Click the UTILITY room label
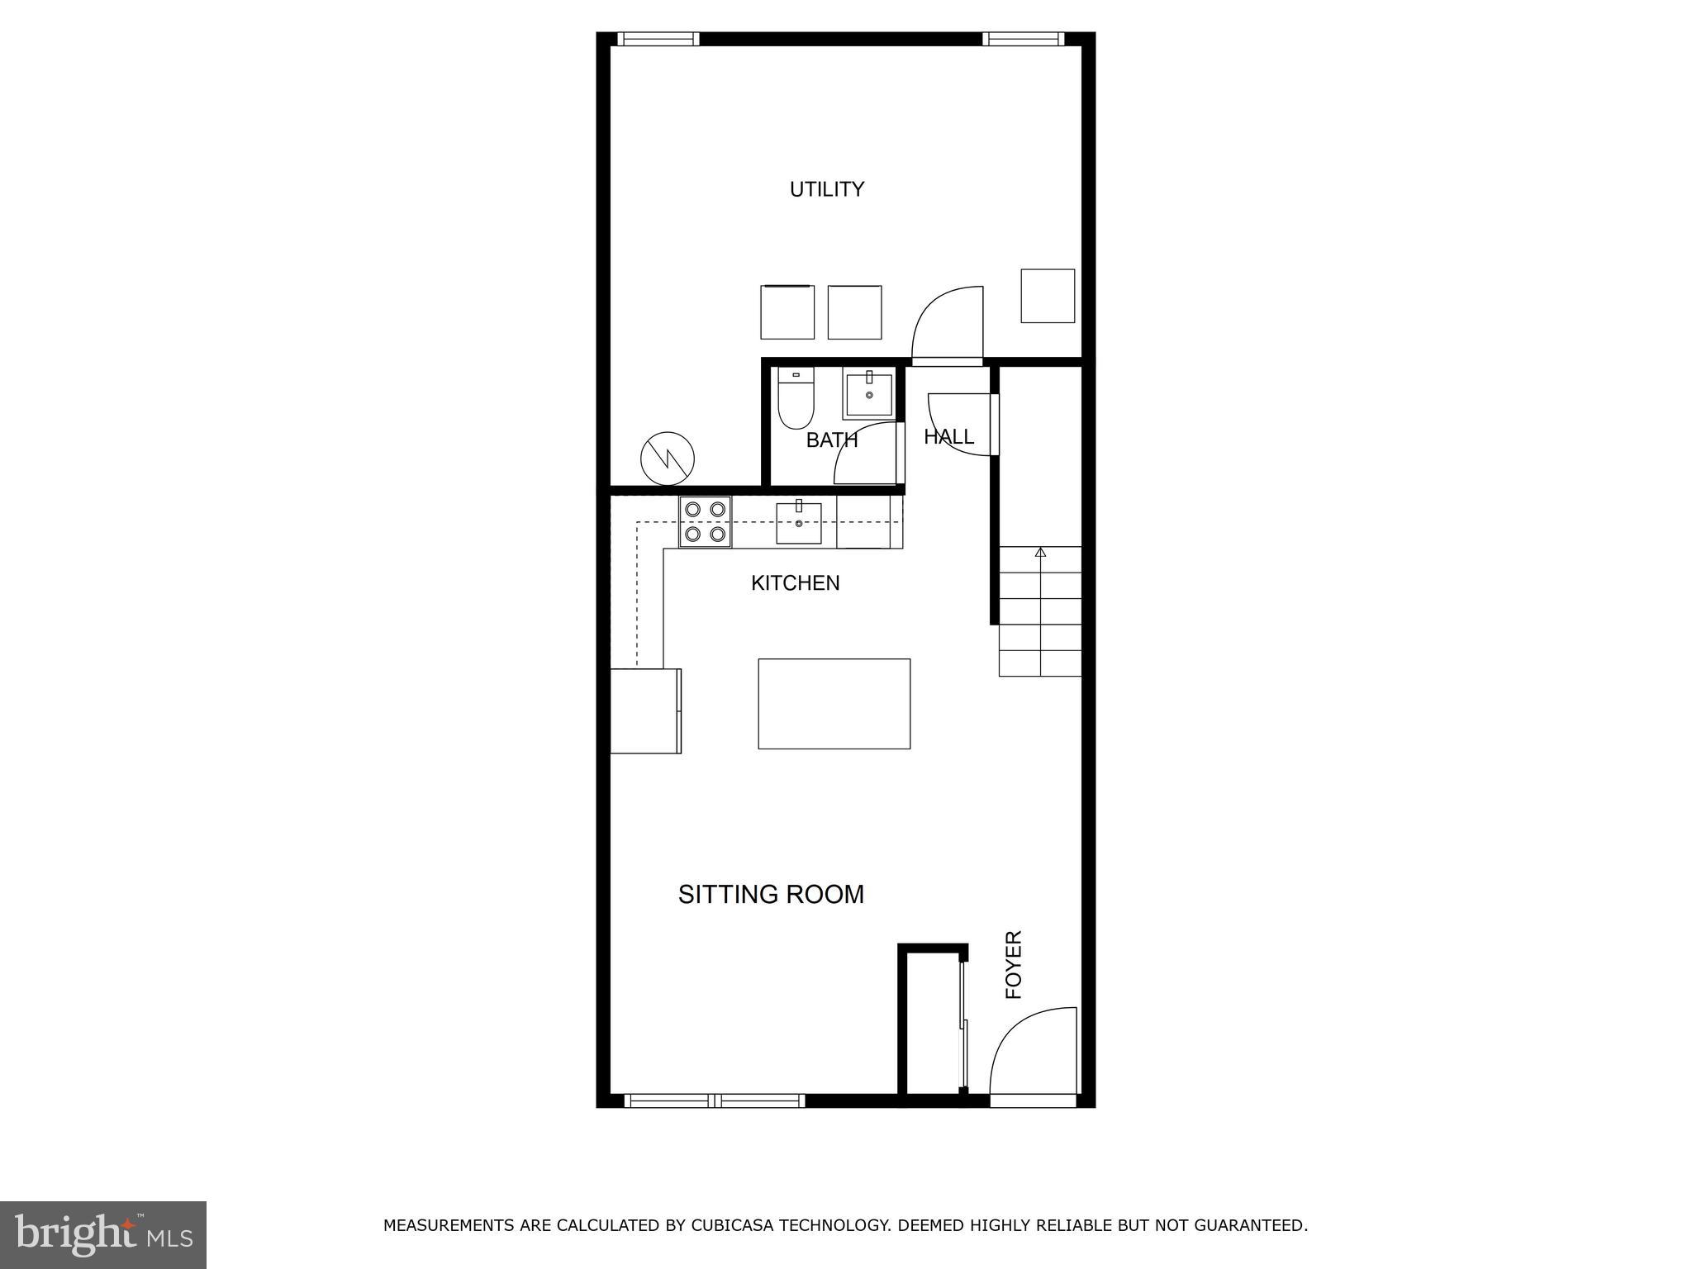(826, 189)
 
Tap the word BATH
(831, 440)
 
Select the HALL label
(948, 436)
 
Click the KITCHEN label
(795, 583)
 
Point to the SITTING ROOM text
(770, 894)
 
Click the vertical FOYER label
(1014, 964)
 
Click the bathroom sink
(867, 396)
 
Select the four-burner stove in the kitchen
(705, 522)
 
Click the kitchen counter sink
(798, 523)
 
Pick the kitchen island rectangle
(834, 704)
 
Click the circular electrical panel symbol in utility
(668, 458)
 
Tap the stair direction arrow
(1040, 552)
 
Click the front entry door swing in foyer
(1033, 1053)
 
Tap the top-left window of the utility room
(658, 39)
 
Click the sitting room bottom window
(715, 1100)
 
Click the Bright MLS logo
(102, 1234)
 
